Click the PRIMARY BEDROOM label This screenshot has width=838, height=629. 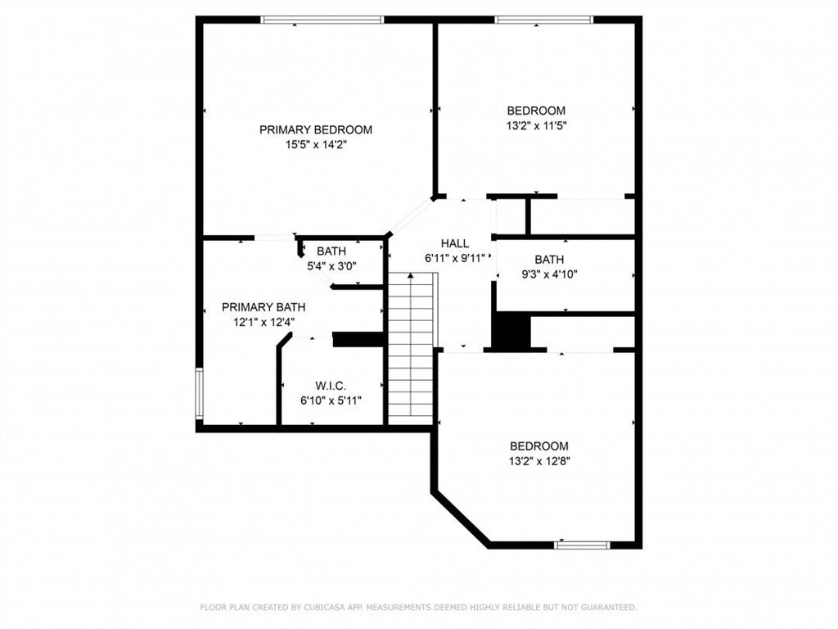(x=316, y=129)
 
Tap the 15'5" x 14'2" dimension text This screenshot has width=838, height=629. (x=316, y=144)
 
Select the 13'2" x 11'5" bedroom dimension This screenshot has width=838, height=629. (x=536, y=125)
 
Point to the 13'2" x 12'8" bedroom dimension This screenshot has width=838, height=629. (x=539, y=461)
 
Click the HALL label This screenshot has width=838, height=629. (x=455, y=243)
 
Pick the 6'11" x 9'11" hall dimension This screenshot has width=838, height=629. (x=455, y=258)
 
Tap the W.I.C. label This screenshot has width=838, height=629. (x=331, y=386)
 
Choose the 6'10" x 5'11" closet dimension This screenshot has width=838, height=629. (x=331, y=400)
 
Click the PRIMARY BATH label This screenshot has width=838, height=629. (x=264, y=307)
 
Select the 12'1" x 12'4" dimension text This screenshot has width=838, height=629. (x=264, y=322)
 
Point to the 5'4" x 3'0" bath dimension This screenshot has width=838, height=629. (x=331, y=266)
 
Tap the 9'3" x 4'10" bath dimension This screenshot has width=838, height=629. (x=549, y=274)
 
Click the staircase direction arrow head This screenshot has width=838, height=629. (x=411, y=275)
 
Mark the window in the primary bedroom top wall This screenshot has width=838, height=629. (x=322, y=20)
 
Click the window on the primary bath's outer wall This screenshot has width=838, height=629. (x=200, y=393)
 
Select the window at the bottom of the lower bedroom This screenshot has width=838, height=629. (x=582, y=545)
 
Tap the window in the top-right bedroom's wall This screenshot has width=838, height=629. (x=544, y=20)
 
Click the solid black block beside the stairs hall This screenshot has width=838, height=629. (x=511, y=332)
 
